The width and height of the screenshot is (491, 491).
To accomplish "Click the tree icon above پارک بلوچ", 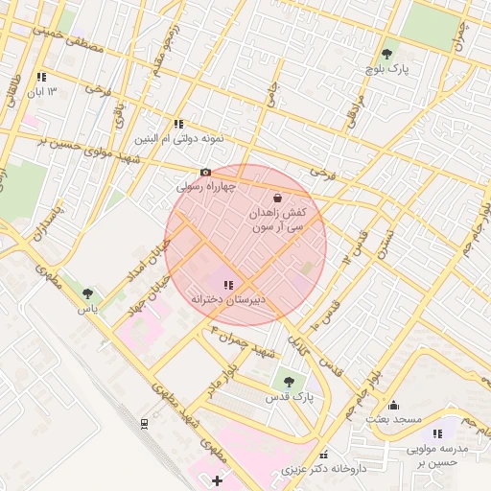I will point(386,55).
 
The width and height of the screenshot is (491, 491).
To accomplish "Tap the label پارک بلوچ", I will point(386,71).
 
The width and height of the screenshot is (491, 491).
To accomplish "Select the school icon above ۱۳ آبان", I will point(40,77).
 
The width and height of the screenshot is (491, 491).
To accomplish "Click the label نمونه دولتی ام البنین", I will point(179,138).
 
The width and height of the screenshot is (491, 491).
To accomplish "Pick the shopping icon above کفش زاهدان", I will point(277,198).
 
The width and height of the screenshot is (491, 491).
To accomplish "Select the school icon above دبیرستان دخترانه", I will point(228,285).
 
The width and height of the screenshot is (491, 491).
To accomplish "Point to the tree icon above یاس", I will point(88,293).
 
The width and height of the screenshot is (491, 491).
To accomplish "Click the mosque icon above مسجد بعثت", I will point(393,405).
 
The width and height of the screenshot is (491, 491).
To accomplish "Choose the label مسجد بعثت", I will point(393,420).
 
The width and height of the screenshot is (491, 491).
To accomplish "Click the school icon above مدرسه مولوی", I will point(438,434).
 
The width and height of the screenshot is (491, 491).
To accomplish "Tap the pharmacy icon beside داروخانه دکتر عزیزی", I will point(323,455).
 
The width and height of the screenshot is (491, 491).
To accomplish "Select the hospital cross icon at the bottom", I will point(217,479).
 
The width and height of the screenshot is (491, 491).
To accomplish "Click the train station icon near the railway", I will point(144,423).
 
